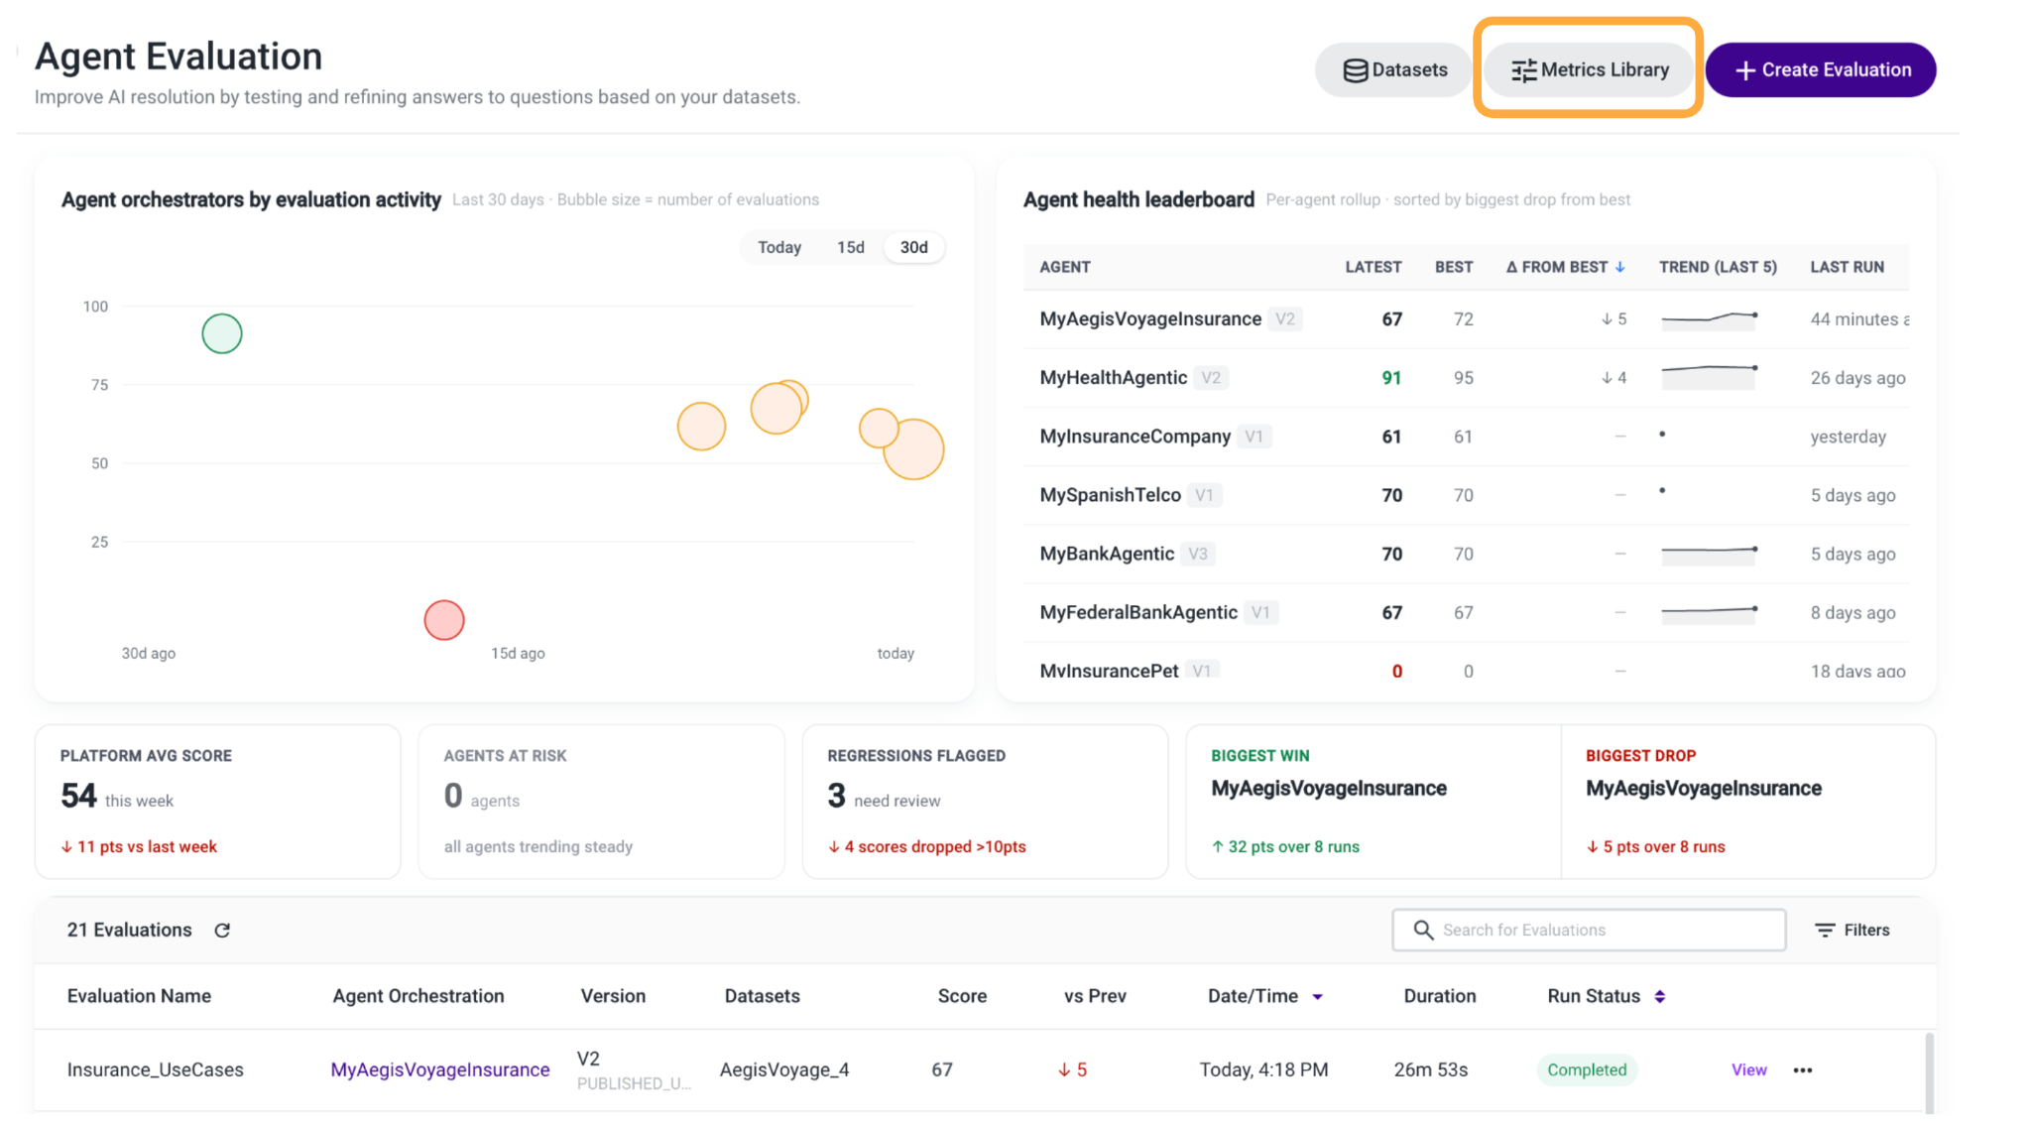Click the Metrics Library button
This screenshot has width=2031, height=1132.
(x=1589, y=69)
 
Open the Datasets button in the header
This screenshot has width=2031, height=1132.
(x=1394, y=69)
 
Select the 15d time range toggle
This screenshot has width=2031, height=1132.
(x=850, y=247)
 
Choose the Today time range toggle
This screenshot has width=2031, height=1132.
(x=779, y=247)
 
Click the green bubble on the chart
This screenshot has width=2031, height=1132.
(x=222, y=333)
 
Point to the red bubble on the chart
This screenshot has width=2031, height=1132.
(x=444, y=620)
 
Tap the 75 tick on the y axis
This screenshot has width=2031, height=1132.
(x=99, y=385)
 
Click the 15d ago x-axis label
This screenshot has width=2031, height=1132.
(x=518, y=653)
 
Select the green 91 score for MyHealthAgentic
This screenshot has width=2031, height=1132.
(x=1391, y=378)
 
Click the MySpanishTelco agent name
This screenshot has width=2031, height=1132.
(x=1110, y=495)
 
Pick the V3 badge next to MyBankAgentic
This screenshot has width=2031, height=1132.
(x=1198, y=554)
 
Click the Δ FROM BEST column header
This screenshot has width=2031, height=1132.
(x=1565, y=267)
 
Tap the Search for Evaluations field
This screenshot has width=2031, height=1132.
(x=1589, y=930)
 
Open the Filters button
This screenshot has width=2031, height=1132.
(x=1852, y=930)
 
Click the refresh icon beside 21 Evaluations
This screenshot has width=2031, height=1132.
(x=222, y=930)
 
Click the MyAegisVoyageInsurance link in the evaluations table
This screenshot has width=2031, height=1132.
(x=439, y=1069)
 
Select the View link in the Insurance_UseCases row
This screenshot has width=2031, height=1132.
(x=1748, y=1069)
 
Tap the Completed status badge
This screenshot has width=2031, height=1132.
(x=1587, y=1069)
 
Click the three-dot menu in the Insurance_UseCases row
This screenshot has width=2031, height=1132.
(x=1803, y=1069)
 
